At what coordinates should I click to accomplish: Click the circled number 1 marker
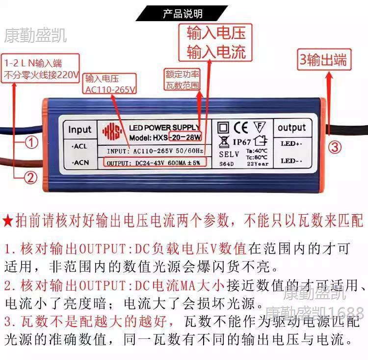click(x=31, y=142)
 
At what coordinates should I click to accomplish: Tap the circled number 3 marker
click(x=334, y=146)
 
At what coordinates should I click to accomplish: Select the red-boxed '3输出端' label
click(x=324, y=59)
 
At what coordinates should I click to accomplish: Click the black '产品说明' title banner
click(x=183, y=14)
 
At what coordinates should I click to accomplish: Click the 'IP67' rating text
click(x=242, y=142)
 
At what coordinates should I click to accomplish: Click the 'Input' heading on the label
click(x=79, y=130)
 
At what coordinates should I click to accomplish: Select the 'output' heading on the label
click(x=291, y=128)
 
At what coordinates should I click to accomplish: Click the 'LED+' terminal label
click(x=290, y=144)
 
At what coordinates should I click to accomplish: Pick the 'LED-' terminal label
click(x=290, y=161)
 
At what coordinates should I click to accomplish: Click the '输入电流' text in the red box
click(x=216, y=52)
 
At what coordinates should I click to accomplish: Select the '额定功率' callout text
click(x=183, y=74)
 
